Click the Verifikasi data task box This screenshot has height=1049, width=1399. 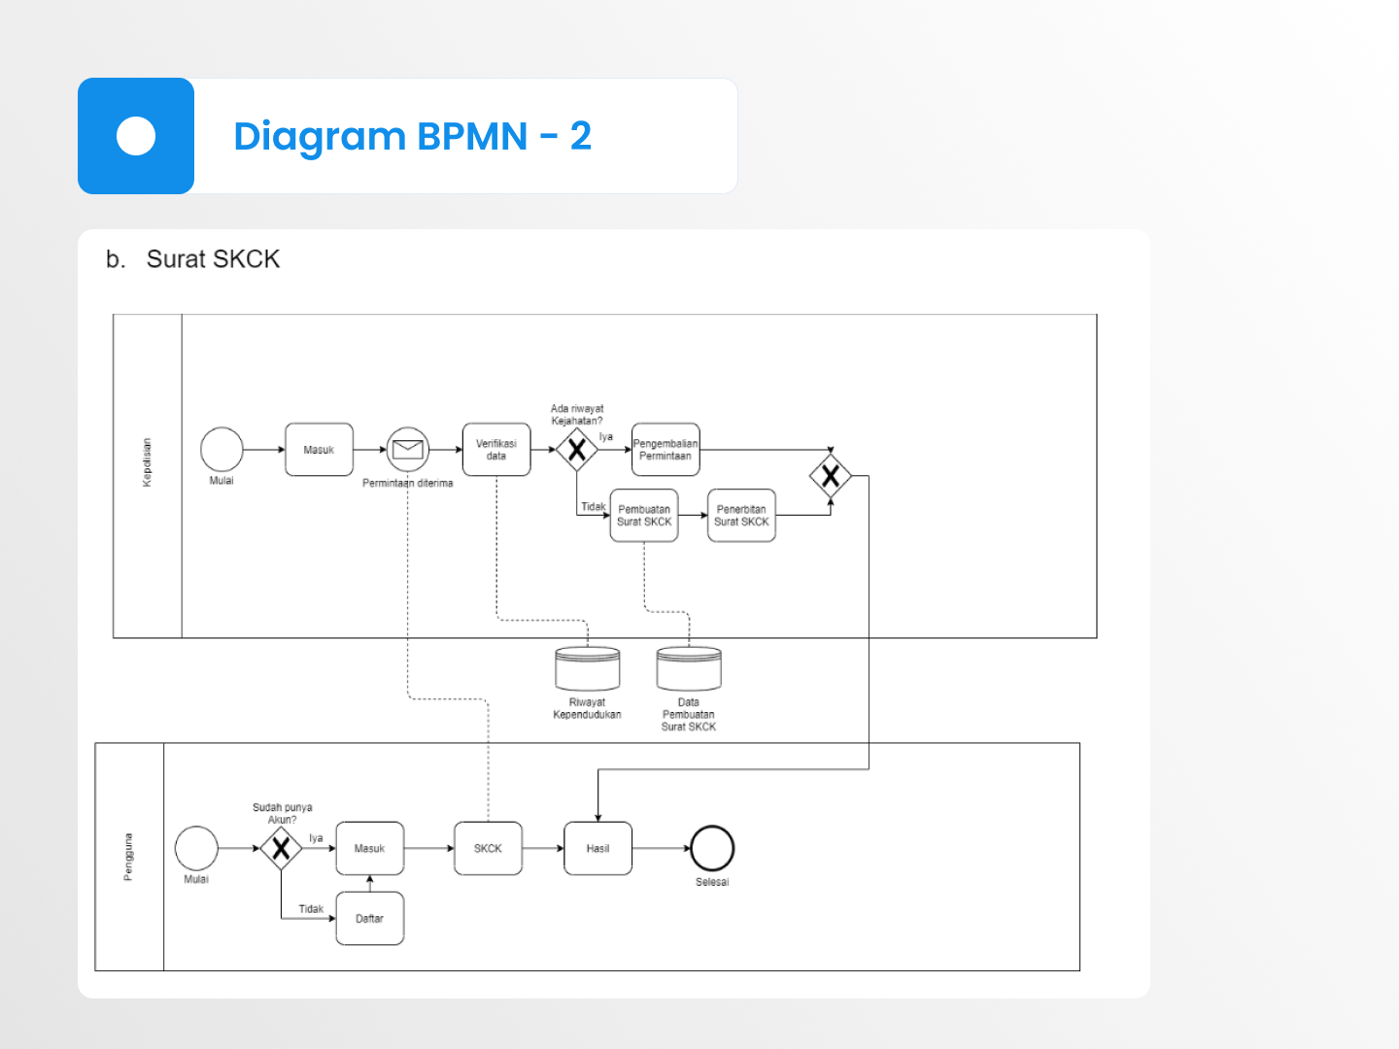(x=496, y=450)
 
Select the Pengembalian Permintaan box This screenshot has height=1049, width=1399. (x=665, y=450)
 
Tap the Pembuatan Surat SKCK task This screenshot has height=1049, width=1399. (x=644, y=516)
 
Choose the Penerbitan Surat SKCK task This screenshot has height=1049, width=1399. (x=741, y=516)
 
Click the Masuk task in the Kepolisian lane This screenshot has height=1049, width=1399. (x=319, y=450)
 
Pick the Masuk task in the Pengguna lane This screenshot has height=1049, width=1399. (x=369, y=849)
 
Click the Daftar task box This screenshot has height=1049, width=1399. (x=369, y=919)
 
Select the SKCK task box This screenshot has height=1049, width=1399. (x=488, y=849)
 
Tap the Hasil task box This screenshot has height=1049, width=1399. (x=597, y=849)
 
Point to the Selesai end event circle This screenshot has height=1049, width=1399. (x=712, y=848)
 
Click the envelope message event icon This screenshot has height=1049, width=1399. (x=408, y=450)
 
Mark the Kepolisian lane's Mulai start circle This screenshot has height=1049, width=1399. (x=222, y=450)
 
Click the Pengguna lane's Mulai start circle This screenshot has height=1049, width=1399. (x=196, y=848)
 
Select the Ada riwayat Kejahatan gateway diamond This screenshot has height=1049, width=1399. (x=577, y=450)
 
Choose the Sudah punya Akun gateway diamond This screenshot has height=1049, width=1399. (x=281, y=849)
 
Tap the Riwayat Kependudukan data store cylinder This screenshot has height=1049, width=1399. (x=588, y=669)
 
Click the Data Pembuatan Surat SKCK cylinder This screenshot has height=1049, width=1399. (x=689, y=669)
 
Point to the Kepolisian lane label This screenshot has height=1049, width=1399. (x=147, y=462)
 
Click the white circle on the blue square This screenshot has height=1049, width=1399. (x=136, y=136)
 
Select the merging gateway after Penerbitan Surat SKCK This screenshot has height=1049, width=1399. (x=831, y=476)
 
